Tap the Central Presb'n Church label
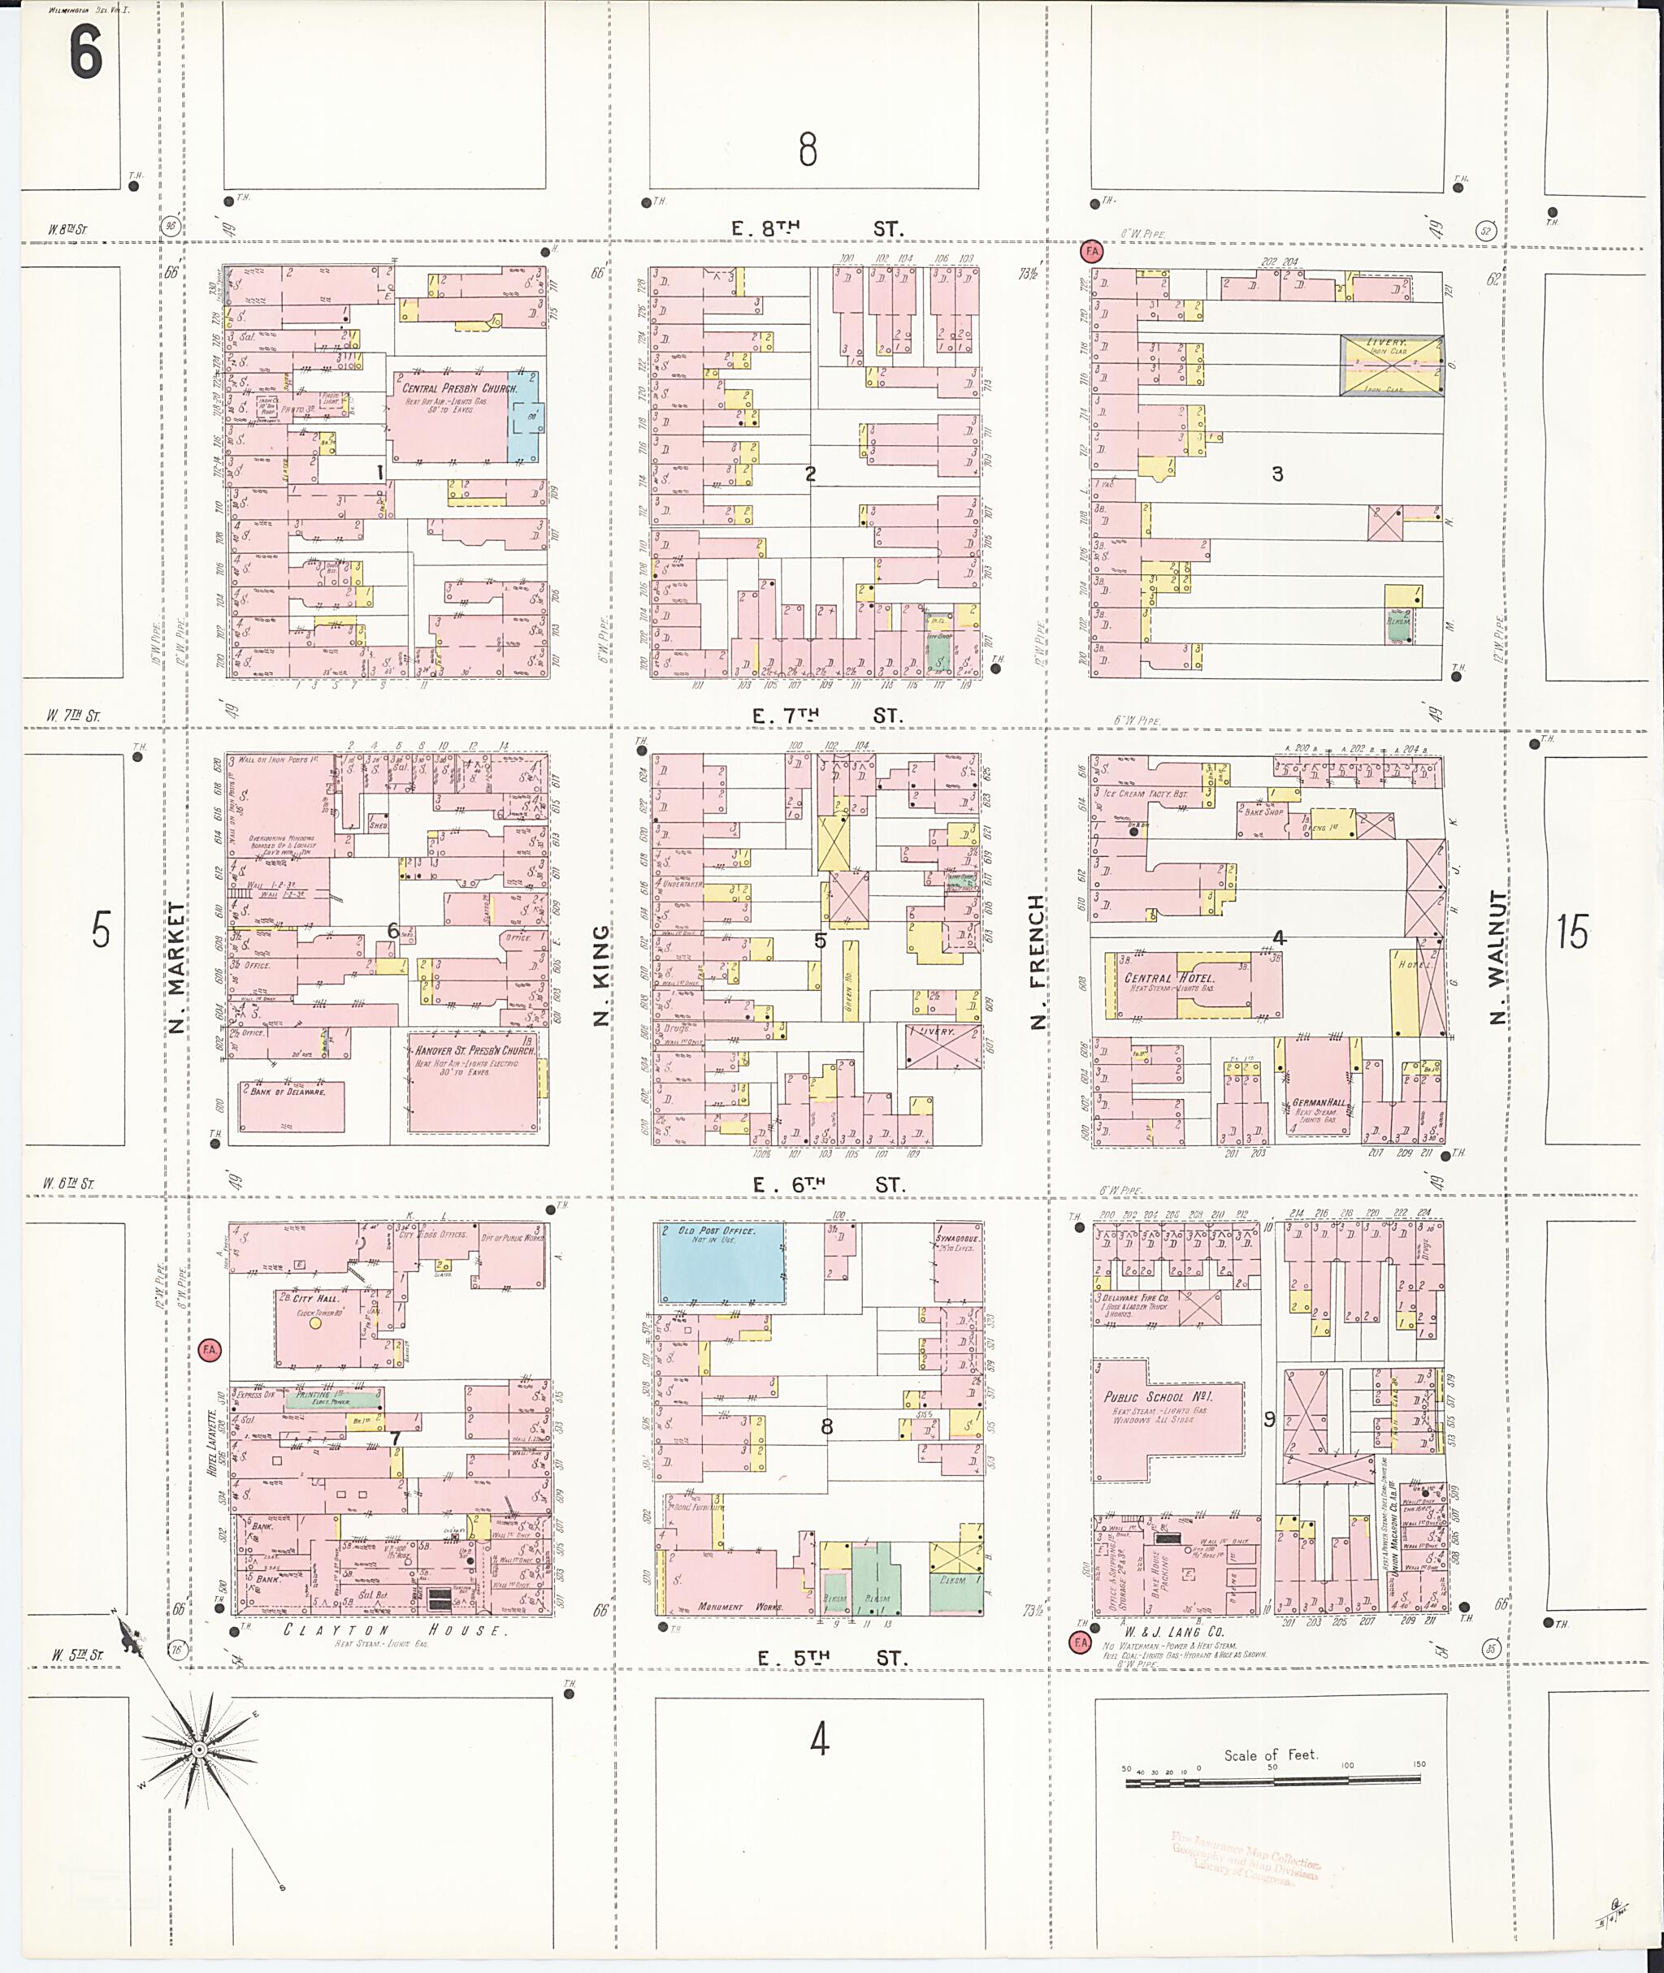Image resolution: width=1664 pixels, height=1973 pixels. pos(459,388)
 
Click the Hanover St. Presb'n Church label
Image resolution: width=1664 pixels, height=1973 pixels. pos(474,1049)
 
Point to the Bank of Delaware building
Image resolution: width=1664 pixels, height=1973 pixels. pos(291,1105)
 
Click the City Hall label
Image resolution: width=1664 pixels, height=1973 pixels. pos(314,1299)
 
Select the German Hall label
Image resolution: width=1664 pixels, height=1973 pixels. pos(1319,1101)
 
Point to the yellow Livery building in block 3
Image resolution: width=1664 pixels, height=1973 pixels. pos(1391,365)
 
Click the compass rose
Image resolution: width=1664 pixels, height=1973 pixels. pos(199,1750)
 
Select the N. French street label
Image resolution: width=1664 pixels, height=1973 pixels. pos(1038,962)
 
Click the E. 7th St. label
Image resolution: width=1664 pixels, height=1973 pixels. pos(826,716)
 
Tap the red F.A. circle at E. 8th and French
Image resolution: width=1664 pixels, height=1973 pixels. pos(1091,252)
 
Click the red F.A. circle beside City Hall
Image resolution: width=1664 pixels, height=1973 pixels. pos(210,1350)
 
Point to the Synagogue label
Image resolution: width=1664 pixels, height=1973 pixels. pos(957,1239)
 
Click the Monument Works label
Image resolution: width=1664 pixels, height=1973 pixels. pos(734,1606)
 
